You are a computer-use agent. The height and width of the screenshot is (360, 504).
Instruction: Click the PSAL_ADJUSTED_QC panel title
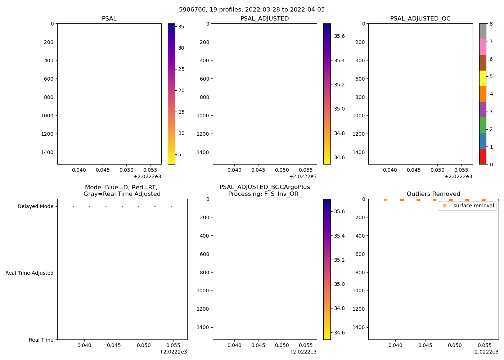[420, 19]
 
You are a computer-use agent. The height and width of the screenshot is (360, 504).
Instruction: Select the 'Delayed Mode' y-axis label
[35, 207]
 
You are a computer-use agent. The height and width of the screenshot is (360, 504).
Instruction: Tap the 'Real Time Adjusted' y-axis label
[30, 273]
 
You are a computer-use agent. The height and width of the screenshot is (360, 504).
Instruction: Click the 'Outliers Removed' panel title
[433, 194]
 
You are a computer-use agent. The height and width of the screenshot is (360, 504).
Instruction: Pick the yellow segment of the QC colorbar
[482, 78]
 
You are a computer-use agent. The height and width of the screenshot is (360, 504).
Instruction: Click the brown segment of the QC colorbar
[482, 63]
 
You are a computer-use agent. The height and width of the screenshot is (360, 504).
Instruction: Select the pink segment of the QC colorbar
[482, 47]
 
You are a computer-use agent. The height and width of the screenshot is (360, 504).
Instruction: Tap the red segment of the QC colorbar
[482, 157]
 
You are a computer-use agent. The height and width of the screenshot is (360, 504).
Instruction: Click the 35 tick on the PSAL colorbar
[181, 27]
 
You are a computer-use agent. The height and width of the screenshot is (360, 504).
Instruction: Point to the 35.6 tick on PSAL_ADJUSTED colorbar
[339, 36]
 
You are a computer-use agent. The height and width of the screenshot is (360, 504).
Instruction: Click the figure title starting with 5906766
[252, 10]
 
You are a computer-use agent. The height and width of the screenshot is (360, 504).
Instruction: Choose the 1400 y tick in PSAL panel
[48, 152]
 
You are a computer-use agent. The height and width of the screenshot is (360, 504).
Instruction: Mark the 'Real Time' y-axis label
[41, 340]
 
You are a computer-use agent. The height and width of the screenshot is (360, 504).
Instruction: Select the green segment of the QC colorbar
[482, 125]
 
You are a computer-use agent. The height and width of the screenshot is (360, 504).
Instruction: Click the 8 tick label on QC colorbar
[491, 24]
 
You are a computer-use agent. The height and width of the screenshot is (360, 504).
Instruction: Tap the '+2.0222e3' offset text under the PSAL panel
[147, 176]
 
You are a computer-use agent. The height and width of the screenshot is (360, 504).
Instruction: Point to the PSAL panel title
[109, 19]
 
